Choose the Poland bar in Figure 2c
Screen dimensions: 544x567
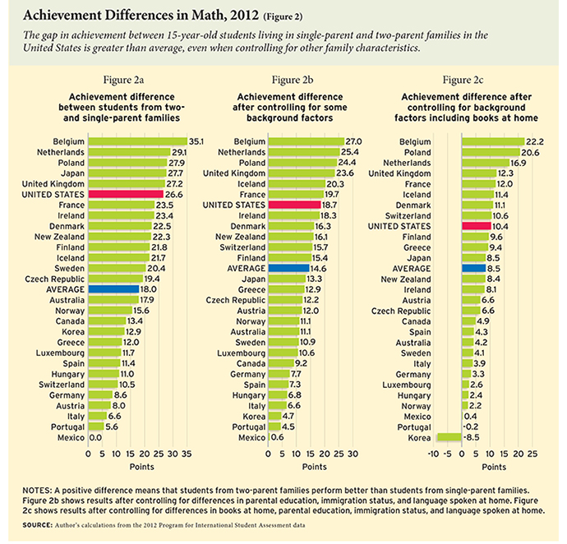[x=491, y=152]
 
